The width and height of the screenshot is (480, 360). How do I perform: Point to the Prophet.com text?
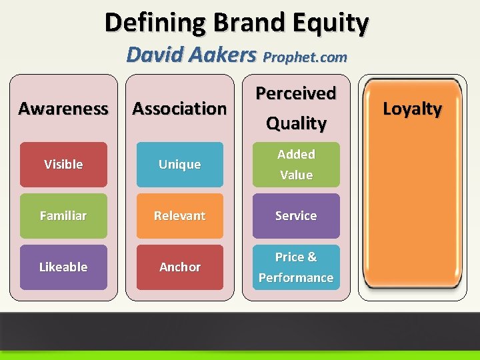(305, 57)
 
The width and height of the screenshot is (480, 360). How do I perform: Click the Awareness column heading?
(63, 108)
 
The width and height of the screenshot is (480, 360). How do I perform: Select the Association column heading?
(179, 108)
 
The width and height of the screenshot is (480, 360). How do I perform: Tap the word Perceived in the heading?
(296, 93)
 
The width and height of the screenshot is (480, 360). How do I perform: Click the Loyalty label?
(412, 109)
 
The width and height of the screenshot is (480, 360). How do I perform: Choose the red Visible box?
(63, 164)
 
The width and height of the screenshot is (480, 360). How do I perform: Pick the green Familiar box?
(63, 215)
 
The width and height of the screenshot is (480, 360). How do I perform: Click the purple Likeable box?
(63, 267)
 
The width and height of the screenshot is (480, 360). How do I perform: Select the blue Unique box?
(179, 164)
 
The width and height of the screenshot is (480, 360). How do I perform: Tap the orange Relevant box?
(179, 215)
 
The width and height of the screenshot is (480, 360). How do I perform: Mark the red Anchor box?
(179, 267)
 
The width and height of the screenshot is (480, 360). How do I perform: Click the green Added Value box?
(296, 164)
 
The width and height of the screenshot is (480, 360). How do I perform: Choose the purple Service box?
(296, 215)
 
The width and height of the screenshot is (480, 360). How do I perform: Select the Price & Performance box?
(296, 267)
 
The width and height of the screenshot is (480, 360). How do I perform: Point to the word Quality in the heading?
(296, 123)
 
